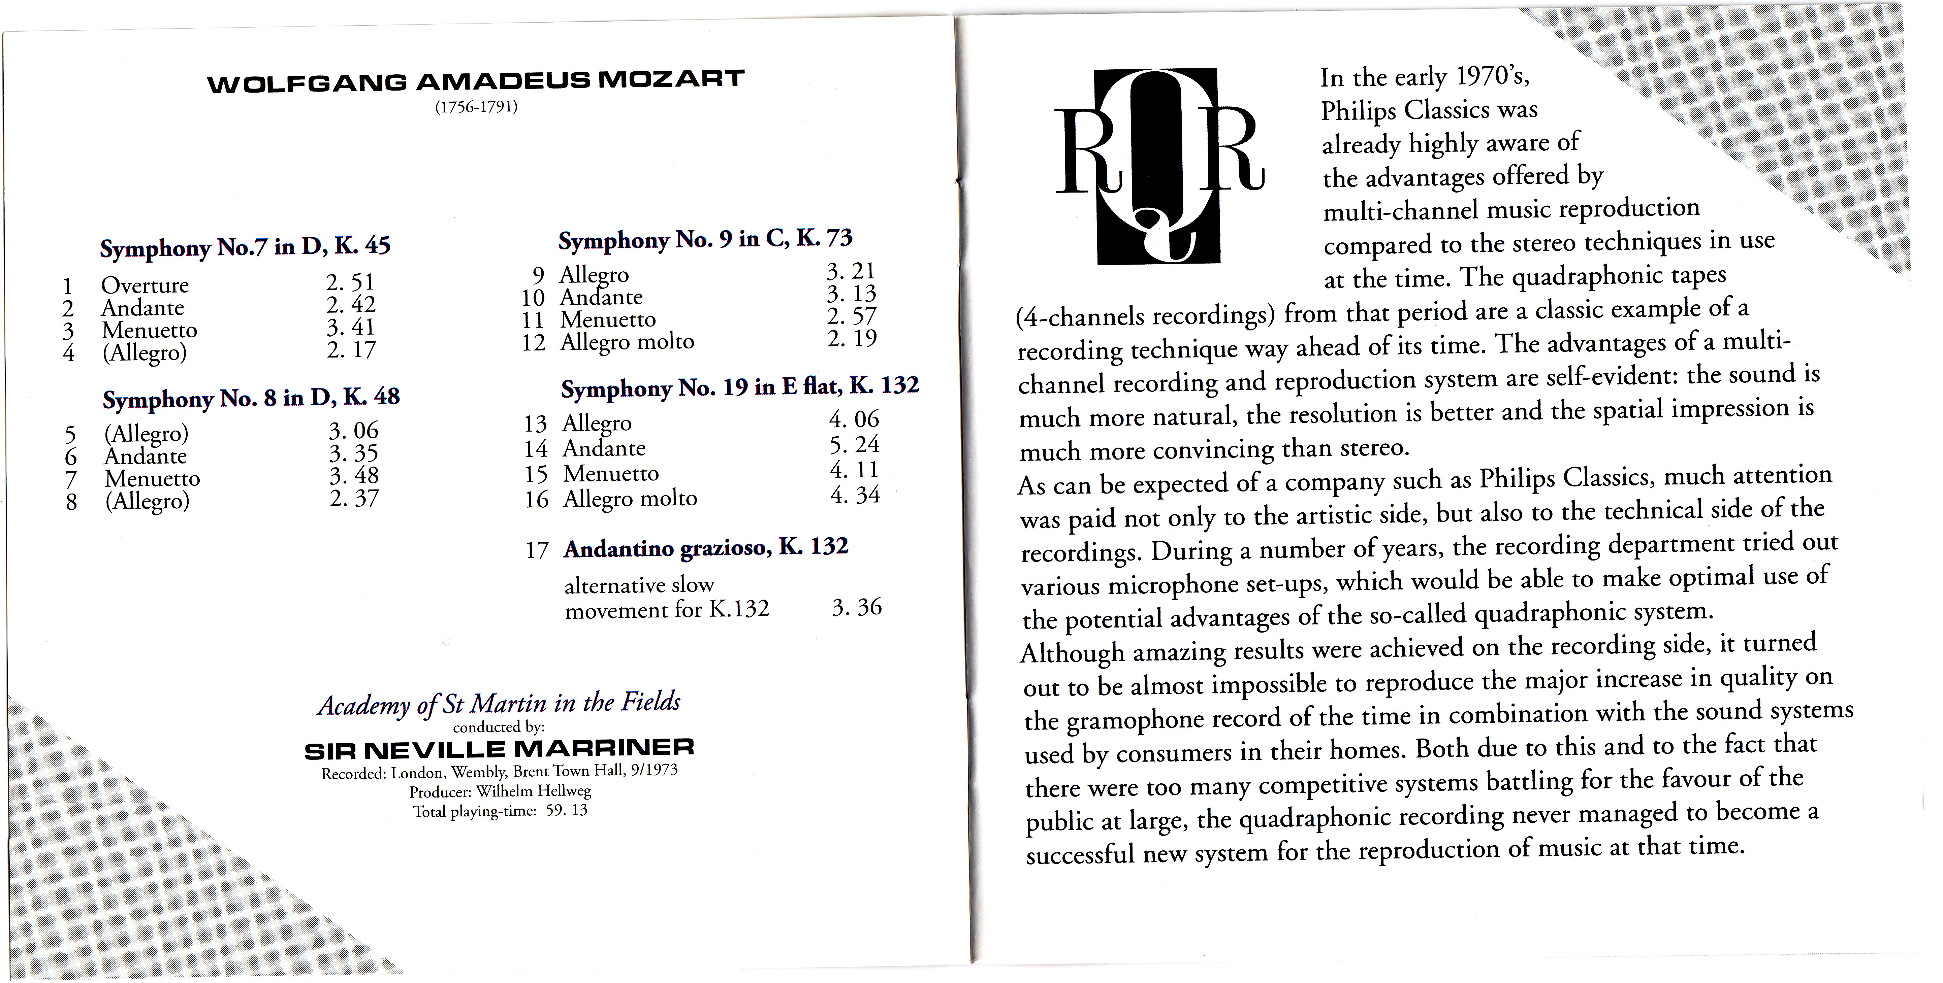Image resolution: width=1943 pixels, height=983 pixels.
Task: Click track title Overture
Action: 145,285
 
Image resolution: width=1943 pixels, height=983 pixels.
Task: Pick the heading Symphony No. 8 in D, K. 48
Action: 251,397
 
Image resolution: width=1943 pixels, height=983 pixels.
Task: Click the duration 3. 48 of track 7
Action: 354,476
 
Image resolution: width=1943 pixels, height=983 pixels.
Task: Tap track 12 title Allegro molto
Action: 627,341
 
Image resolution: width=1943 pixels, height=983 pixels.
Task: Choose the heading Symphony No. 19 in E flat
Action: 739,387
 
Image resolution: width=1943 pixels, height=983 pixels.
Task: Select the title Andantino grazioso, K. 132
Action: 705,547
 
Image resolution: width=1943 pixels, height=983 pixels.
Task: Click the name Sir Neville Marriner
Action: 499,749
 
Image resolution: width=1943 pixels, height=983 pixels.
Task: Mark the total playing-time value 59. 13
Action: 567,811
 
